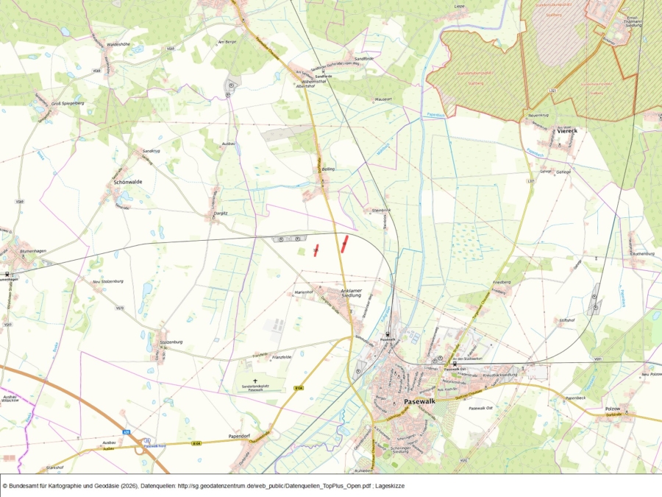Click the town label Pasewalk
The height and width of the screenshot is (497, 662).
[420, 401]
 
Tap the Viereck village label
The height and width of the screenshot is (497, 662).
[567, 130]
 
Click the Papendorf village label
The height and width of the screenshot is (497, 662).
[241, 436]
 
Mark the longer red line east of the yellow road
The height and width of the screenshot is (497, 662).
[344, 244]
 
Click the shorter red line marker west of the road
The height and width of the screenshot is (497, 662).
[316, 250]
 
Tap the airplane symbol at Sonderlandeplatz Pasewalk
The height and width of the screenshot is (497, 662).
[255, 381]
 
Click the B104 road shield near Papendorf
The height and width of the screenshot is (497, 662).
[196, 443]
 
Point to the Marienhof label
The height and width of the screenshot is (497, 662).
[304, 292]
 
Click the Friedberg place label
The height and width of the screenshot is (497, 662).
[500, 283]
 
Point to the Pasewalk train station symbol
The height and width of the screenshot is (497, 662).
[388, 334]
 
